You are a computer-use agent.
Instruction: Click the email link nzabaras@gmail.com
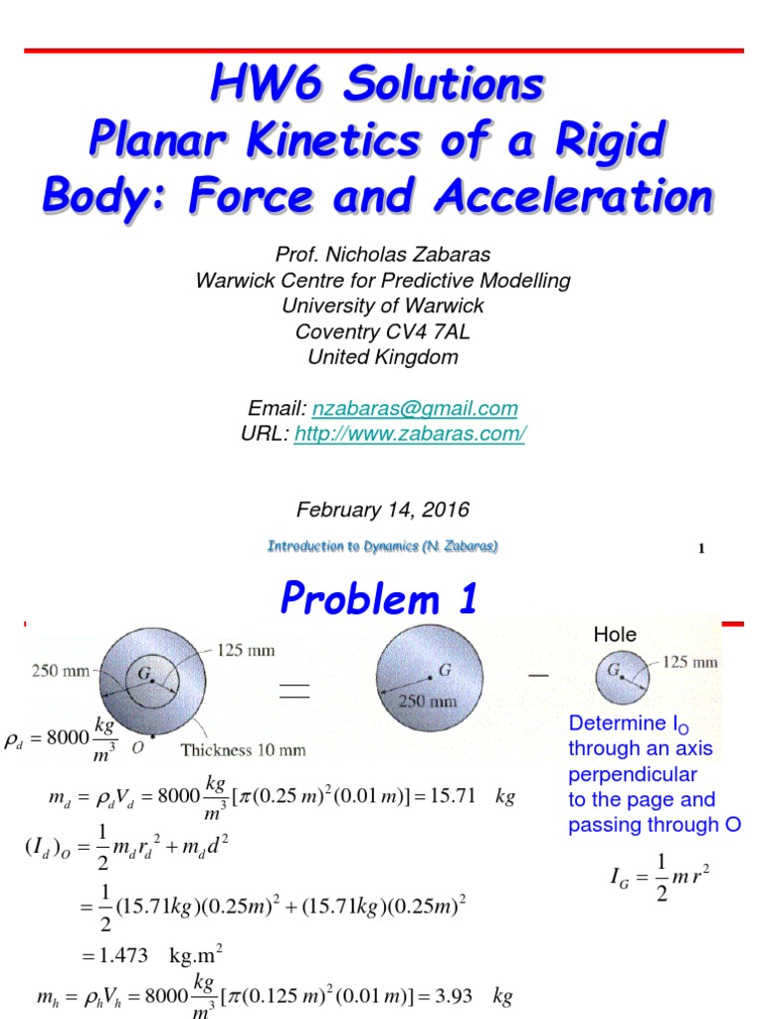(x=415, y=408)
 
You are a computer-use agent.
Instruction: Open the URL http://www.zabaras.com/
(x=408, y=434)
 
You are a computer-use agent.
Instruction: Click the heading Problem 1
(x=379, y=599)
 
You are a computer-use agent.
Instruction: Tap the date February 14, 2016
(x=382, y=509)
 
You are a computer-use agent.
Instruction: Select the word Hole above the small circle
(x=615, y=634)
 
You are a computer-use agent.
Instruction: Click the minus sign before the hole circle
(x=538, y=676)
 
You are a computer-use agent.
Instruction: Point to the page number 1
(x=701, y=547)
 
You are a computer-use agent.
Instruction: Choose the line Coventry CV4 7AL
(x=382, y=331)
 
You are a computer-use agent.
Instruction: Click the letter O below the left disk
(x=135, y=744)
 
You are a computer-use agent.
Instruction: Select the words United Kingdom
(x=382, y=357)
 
